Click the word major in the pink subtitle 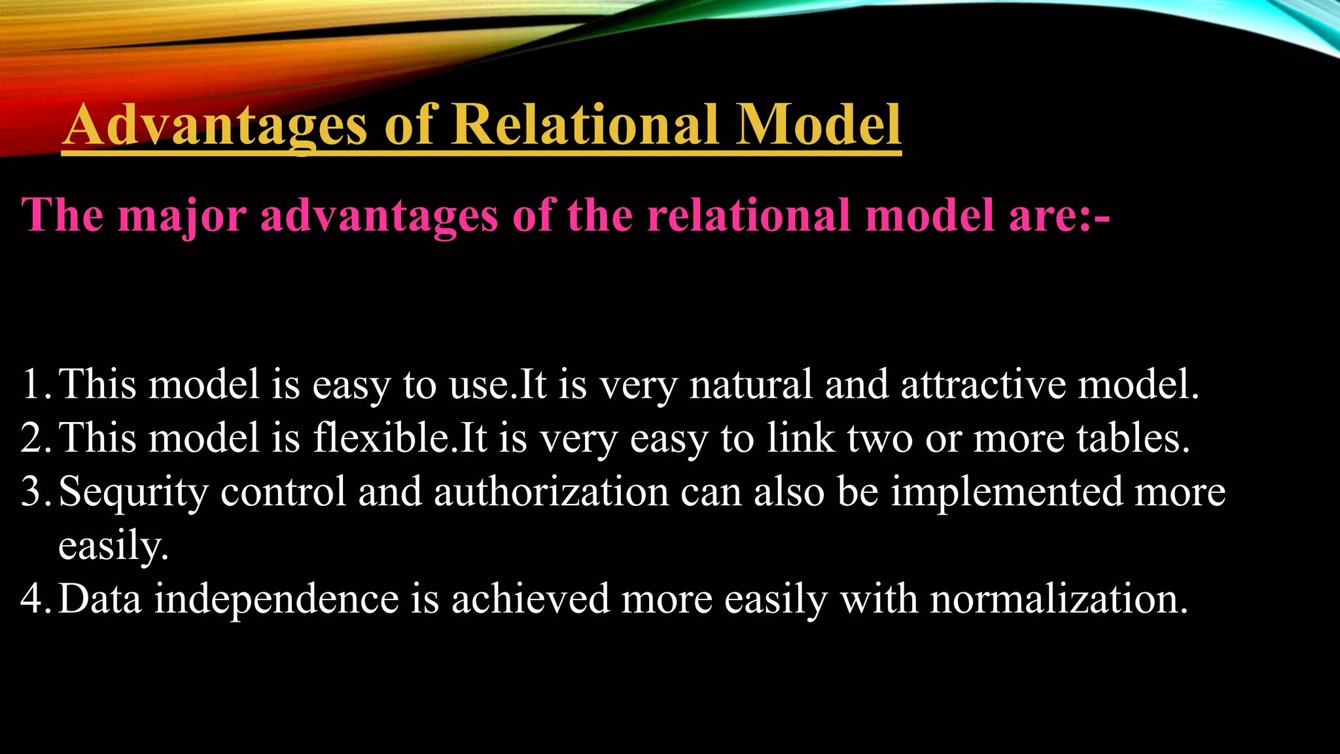(x=182, y=216)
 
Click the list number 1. (x=33, y=384)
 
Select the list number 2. (x=33, y=438)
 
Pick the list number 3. (x=33, y=492)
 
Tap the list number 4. (x=33, y=599)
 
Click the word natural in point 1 (x=751, y=384)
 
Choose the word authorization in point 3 (x=551, y=492)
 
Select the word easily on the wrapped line (x=113, y=546)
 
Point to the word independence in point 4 (x=276, y=600)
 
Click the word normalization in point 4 (x=1058, y=599)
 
